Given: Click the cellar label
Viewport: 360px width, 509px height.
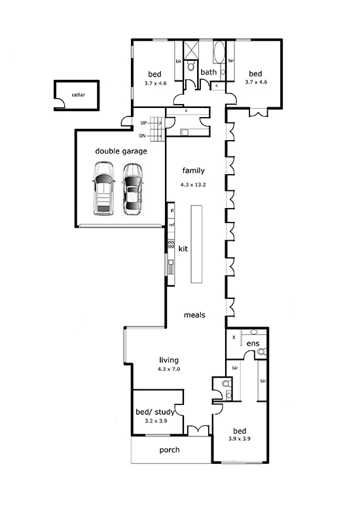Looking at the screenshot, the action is click(x=79, y=95).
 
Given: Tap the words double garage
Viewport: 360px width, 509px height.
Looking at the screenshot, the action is click(x=121, y=151).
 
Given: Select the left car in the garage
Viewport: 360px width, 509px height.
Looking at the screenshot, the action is click(x=103, y=188).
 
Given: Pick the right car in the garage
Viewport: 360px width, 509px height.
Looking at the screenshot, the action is click(x=132, y=189).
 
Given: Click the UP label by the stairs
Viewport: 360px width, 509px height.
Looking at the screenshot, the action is click(x=143, y=123).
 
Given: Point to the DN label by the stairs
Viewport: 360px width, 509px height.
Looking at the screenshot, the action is click(x=142, y=136).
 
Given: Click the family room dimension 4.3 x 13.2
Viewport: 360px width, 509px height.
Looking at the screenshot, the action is click(x=193, y=184).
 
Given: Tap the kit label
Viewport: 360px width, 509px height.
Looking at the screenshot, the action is click(x=183, y=249).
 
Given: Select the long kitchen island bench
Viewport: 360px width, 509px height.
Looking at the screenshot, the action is click(x=196, y=244).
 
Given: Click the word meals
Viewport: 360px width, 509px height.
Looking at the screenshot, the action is click(x=194, y=315).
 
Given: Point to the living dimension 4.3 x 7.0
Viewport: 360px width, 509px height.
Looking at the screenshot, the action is click(x=169, y=369).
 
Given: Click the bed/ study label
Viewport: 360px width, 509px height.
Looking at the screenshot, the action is click(x=155, y=412).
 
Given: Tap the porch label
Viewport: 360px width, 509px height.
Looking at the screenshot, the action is click(x=170, y=450).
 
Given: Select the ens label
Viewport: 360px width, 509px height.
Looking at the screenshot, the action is click(x=253, y=343).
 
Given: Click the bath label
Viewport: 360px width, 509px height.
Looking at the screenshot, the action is click(x=208, y=72).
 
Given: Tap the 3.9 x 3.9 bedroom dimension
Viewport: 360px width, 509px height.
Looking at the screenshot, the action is click(x=240, y=438).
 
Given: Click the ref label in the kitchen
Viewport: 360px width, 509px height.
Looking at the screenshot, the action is click(x=171, y=224).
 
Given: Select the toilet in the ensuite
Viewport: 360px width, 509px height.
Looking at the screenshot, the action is click(x=262, y=351).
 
